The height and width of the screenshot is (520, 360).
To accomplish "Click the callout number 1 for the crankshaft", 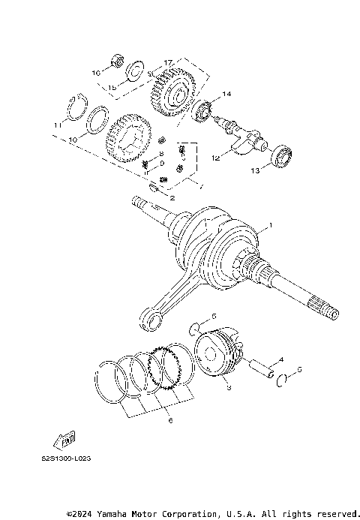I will (271, 225).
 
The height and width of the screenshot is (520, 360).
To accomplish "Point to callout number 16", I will (96, 73).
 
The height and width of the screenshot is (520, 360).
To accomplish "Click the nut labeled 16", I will (117, 62).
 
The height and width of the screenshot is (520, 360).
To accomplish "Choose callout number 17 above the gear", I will (168, 61).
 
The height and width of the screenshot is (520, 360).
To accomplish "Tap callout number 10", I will (73, 140).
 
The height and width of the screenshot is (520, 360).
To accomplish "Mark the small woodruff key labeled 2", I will (153, 188).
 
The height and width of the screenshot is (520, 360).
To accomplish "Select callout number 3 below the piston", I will (229, 387).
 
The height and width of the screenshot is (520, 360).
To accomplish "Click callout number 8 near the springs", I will (161, 154).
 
